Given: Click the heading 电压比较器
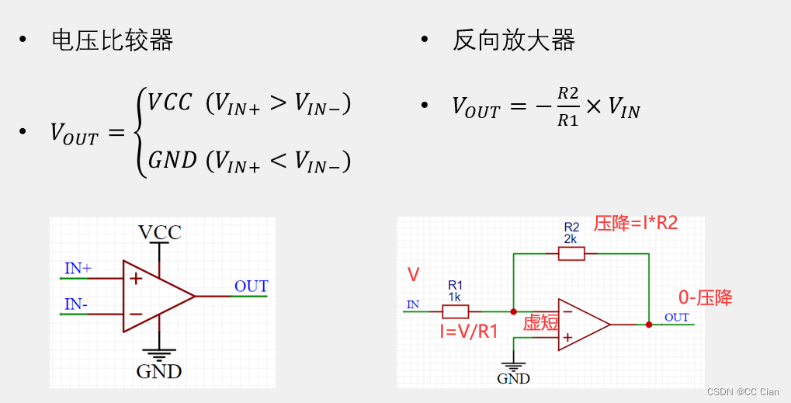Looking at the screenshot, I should [112, 40].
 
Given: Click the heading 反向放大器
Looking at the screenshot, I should [513, 40].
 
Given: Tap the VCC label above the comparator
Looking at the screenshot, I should [159, 232].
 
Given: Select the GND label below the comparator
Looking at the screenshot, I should [159, 371].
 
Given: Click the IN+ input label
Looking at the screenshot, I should [78, 269].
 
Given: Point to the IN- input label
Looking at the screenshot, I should [76, 304].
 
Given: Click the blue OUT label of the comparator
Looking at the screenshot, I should [251, 287].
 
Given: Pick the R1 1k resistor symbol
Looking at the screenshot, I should [456, 311].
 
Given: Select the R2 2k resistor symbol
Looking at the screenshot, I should [571, 253].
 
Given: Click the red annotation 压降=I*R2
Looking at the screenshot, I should [637, 224].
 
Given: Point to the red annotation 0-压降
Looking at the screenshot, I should [706, 297].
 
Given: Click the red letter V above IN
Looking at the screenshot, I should [413, 274].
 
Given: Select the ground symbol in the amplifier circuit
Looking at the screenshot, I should [513, 364].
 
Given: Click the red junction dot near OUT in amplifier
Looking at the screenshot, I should [649, 324].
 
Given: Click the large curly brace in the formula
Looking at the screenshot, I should [141, 132].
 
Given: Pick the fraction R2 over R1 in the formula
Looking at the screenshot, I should [568, 106].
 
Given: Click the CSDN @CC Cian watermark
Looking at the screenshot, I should [743, 392].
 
